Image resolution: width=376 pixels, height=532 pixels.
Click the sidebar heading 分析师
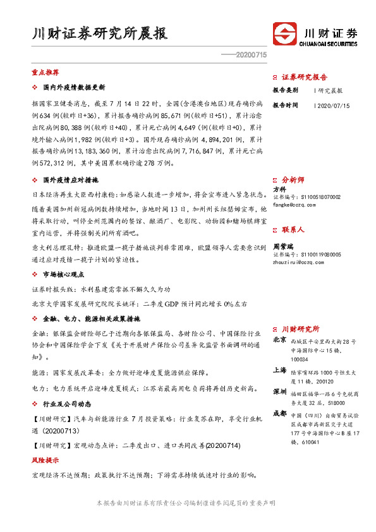point(293,179)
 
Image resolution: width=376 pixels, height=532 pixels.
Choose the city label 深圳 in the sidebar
point(279,392)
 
